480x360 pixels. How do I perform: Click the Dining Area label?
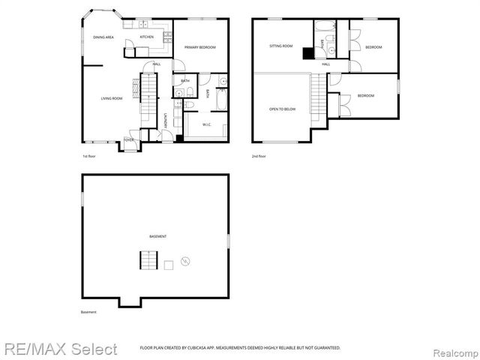point(103,37)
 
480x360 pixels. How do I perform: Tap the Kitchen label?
point(147,37)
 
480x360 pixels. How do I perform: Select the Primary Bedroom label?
point(200,47)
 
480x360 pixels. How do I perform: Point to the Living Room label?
point(112,98)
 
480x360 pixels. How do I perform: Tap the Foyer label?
point(129,139)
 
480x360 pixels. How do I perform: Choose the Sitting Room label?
point(280,46)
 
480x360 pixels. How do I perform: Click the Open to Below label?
point(283,109)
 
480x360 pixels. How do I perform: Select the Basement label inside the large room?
point(157,236)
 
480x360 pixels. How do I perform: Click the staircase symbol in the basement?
point(148,261)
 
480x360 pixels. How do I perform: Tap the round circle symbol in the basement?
point(185,261)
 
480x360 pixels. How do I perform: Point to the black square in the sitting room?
point(307,52)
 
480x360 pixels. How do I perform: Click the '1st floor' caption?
point(89,156)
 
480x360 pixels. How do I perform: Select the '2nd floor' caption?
point(259,156)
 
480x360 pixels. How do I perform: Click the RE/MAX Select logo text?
point(59,349)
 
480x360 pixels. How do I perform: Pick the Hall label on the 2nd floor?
point(326,64)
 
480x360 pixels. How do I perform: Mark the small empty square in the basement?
point(169,264)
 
